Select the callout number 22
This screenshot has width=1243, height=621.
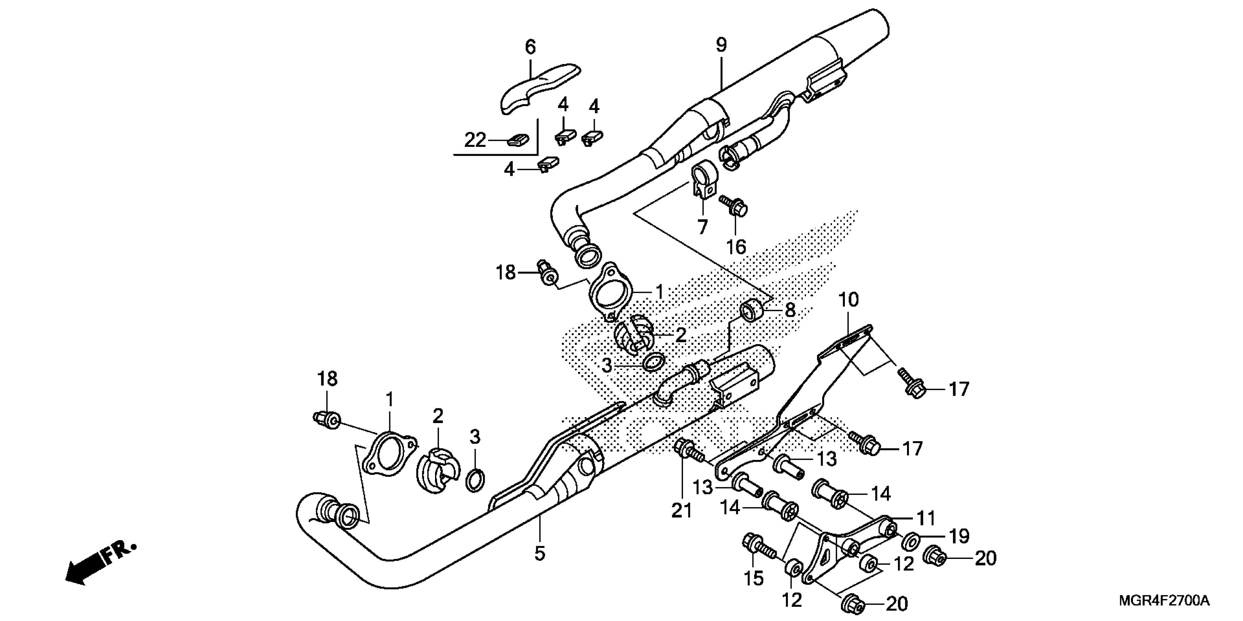pos(475,140)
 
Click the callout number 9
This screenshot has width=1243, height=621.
pos(721,45)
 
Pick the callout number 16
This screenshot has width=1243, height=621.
pos(736,247)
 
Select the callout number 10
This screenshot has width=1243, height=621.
pos(849,300)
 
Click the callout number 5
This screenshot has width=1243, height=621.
pos(540,553)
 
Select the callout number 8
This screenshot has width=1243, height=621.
pos(790,310)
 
